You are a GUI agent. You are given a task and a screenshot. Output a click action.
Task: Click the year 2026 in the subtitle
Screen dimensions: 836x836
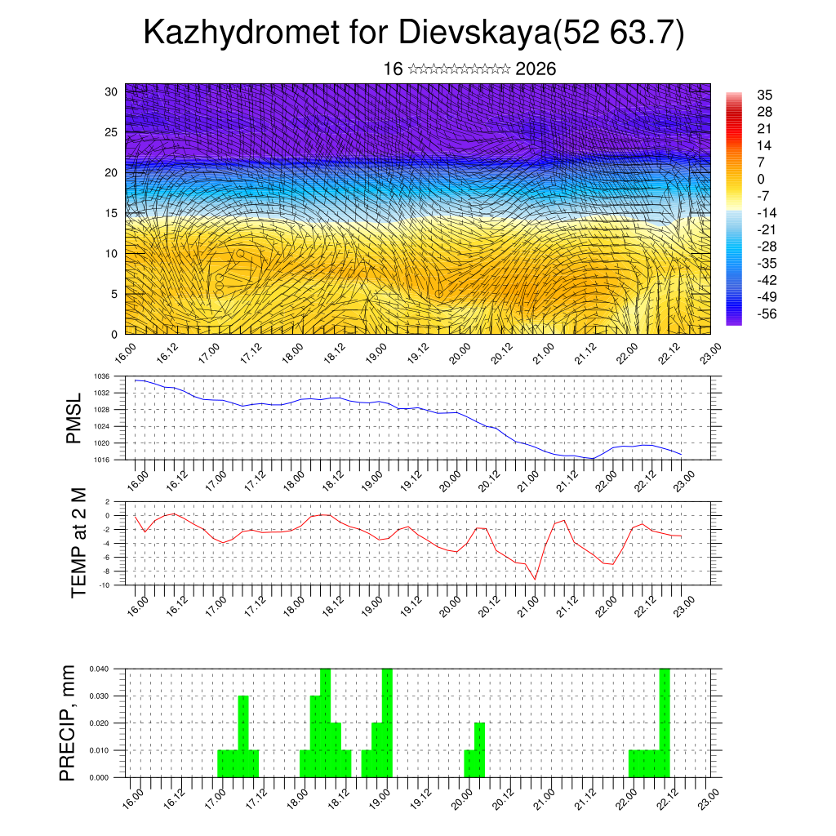(536, 69)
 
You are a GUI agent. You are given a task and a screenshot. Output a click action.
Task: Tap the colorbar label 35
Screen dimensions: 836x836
(765, 95)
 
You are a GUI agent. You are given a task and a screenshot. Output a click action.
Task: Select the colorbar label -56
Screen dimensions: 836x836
(767, 313)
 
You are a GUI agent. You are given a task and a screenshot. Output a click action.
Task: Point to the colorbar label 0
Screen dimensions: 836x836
(762, 179)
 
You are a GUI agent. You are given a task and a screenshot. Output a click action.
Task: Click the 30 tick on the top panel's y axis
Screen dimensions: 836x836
(112, 91)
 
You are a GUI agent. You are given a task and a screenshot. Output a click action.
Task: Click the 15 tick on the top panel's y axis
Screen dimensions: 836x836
(112, 213)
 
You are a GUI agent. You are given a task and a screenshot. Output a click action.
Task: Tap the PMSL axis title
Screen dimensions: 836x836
(74, 418)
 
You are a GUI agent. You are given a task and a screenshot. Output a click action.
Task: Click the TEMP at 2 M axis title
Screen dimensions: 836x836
(78, 542)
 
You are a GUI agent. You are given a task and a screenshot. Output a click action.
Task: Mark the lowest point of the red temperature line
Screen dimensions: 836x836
(536, 579)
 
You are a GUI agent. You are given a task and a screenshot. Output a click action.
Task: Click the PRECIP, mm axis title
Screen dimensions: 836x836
(69, 723)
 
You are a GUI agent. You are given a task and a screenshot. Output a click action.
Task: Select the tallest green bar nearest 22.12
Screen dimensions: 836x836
(665, 723)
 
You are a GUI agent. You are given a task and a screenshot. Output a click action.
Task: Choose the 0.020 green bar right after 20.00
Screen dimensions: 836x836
(480, 750)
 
